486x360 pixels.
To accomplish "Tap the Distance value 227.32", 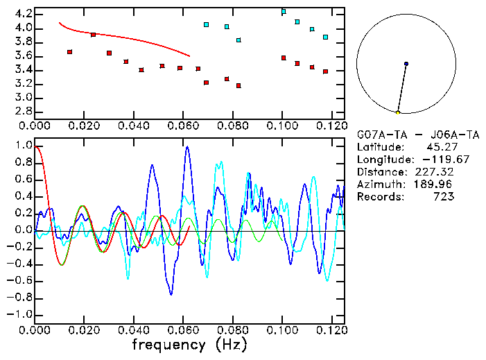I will pyautogui.click(x=433, y=171).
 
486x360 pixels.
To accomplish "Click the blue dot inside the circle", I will pyautogui.click(x=406, y=64).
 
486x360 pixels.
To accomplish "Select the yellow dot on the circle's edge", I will pyautogui.click(x=398, y=112).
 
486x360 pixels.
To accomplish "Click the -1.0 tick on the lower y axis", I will pyautogui.click(x=19, y=314).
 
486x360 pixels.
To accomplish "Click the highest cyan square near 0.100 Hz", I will pyautogui.click(x=284, y=12).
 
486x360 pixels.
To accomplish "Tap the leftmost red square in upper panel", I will pyautogui.click(x=69, y=52).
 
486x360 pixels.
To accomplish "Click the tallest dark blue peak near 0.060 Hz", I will pyautogui.click(x=186, y=147).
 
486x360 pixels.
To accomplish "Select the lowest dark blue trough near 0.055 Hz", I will pyautogui.click(x=171, y=294).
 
